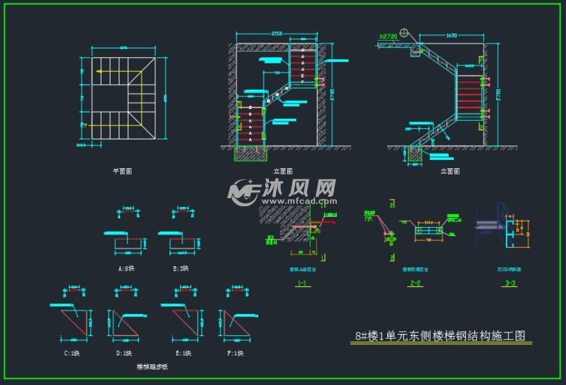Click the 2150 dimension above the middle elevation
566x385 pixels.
click(x=276, y=33)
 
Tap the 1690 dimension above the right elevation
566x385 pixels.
click(x=451, y=34)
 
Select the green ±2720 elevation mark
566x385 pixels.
click(x=389, y=34)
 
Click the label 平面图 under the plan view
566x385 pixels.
click(x=122, y=170)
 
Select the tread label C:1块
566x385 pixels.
click(x=71, y=353)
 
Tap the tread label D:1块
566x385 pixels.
click(x=125, y=353)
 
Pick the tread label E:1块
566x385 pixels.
click(x=183, y=353)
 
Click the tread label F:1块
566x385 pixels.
click(x=236, y=353)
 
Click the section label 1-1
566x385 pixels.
click(x=302, y=282)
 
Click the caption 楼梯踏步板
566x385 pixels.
click(x=153, y=367)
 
